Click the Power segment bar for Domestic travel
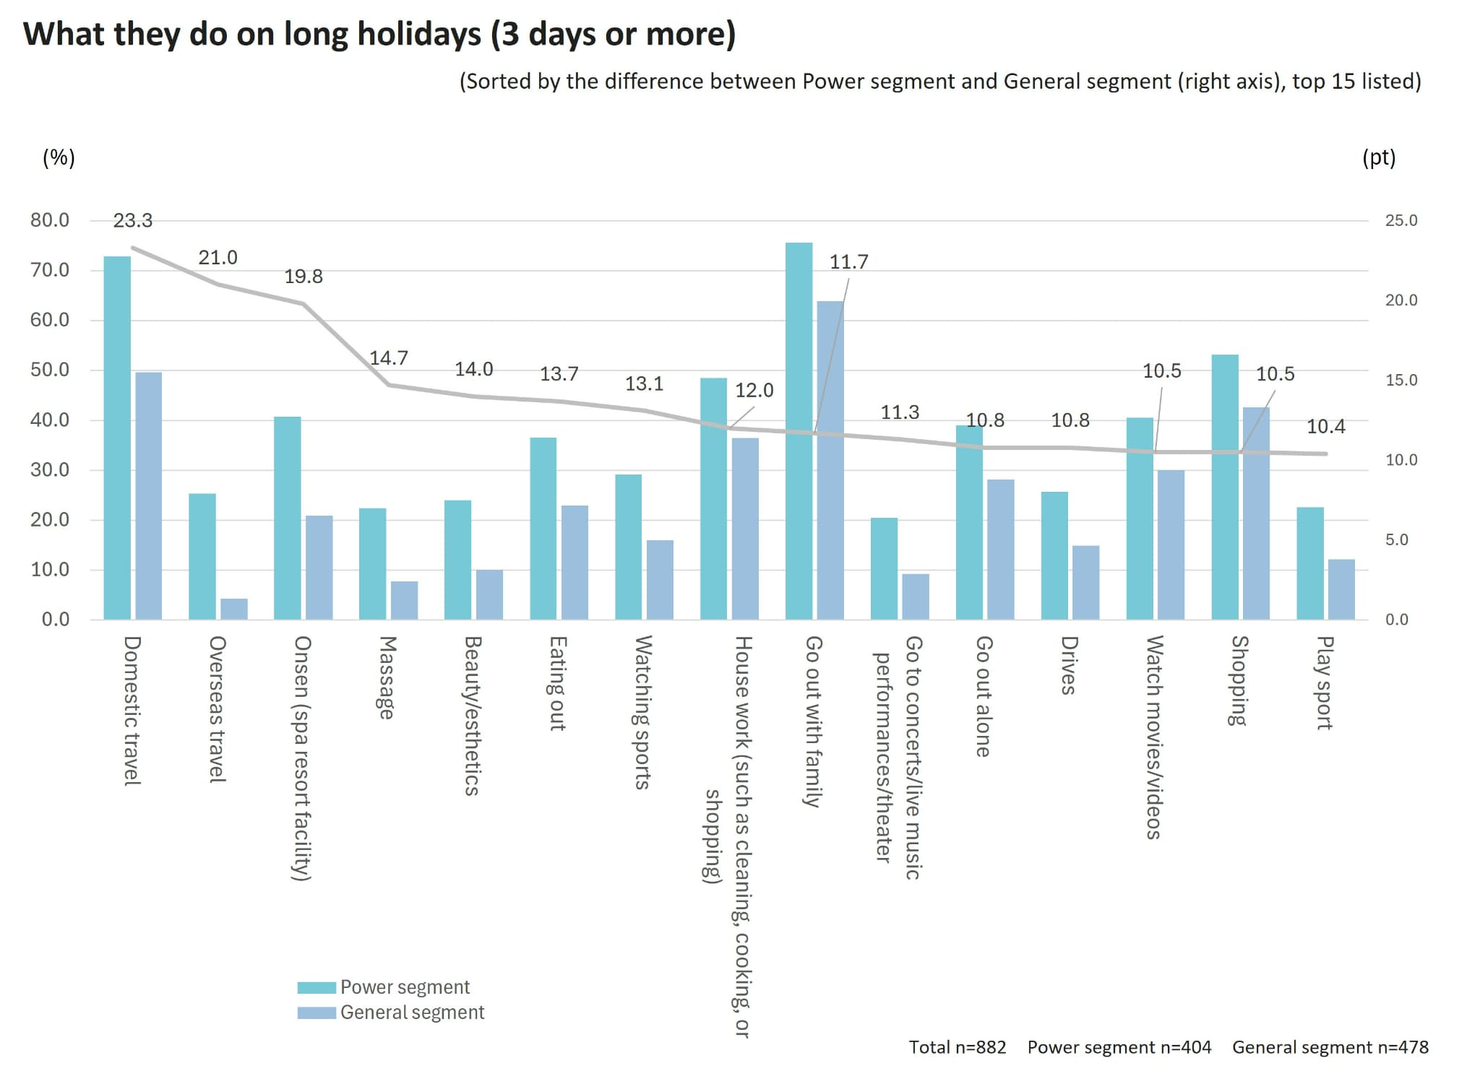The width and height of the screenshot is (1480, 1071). click(117, 438)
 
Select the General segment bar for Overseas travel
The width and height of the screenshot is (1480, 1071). click(234, 609)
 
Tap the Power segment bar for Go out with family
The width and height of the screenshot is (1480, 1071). click(799, 431)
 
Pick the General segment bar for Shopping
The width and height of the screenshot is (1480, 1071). click(1256, 513)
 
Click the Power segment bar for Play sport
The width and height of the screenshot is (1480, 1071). click(1309, 563)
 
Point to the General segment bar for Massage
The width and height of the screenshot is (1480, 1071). click(404, 600)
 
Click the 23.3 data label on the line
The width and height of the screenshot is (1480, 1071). click(133, 221)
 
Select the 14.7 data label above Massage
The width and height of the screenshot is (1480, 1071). click(389, 358)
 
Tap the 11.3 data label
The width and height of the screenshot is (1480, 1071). click(900, 412)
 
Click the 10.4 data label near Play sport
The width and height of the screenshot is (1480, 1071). click(1326, 427)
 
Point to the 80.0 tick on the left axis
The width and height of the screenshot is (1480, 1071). click(50, 220)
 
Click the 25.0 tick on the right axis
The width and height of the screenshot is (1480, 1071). click(1401, 221)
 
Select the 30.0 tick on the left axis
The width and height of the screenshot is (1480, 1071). click(50, 470)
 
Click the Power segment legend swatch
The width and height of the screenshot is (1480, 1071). click(317, 987)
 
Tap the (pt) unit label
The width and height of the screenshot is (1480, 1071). click(1379, 157)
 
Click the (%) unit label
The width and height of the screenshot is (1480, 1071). click(59, 157)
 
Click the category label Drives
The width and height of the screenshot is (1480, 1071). click(1069, 665)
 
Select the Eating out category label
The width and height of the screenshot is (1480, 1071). click(557, 683)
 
